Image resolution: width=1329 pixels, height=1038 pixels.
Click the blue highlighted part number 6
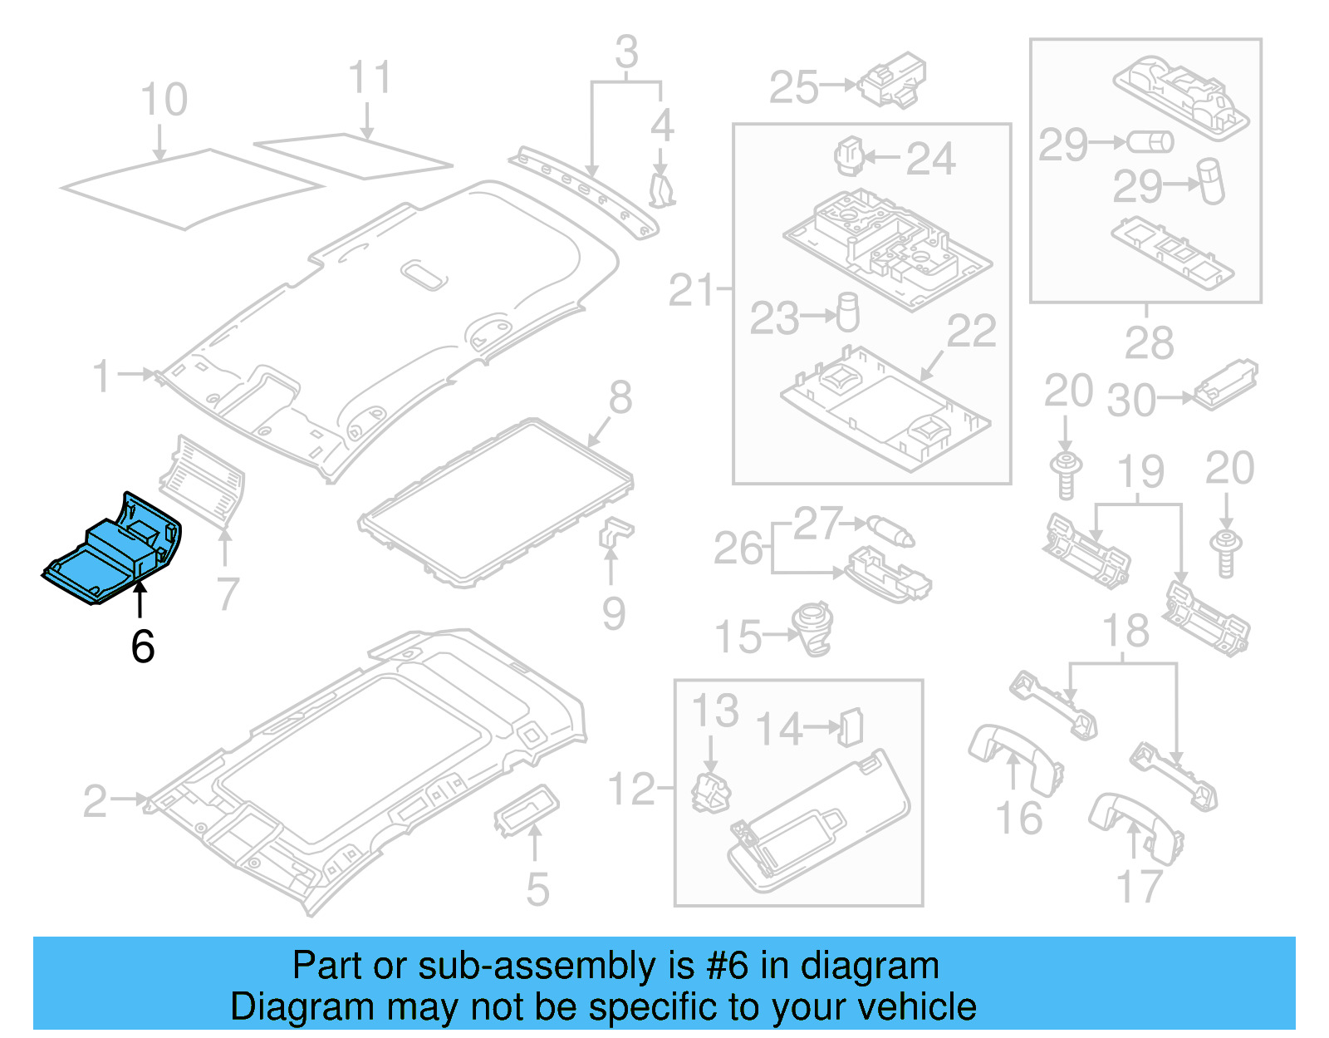(x=112, y=553)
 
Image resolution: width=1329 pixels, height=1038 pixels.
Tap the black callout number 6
(x=142, y=647)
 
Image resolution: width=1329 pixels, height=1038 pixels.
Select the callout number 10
(x=164, y=101)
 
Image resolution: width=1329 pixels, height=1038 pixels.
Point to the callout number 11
(x=369, y=78)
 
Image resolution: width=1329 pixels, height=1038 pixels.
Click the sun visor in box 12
(x=818, y=823)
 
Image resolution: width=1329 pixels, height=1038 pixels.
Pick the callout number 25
(x=794, y=87)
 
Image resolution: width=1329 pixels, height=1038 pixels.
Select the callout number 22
(x=971, y=332)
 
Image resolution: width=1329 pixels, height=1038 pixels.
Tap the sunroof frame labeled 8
(x=497, y=502)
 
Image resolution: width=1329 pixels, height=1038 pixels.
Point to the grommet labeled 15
(x=813, y=629)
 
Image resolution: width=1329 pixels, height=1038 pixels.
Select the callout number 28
(x=1149, y=342)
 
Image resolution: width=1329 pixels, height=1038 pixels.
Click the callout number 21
(x=691, y=291)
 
